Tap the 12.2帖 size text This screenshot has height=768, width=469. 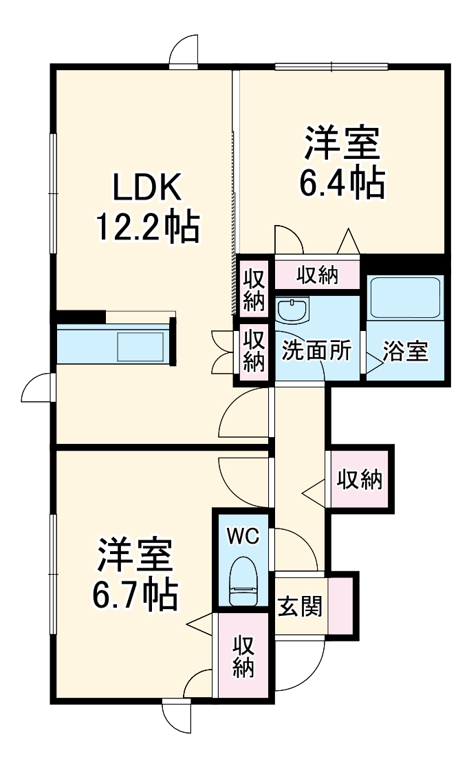point(147,226)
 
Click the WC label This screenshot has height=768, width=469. point(243,536)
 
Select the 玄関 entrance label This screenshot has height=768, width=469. point(300,606)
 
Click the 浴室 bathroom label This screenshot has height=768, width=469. point(406,351)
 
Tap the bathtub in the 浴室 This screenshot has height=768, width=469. point(404,297)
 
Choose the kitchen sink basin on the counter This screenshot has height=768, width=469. point(140,346)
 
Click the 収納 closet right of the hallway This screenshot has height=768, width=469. point(359,479)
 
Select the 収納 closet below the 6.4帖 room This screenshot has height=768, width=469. point(317,275)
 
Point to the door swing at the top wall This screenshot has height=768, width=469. point(184,52)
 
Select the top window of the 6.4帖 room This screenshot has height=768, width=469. point(331,67)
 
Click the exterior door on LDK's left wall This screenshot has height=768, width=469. point(38,389)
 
